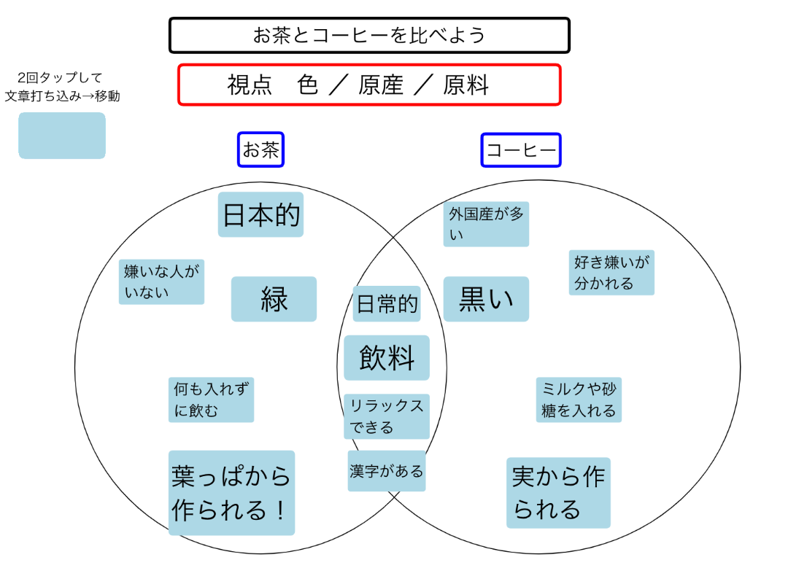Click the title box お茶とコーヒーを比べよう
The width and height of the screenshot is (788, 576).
click(369, 36)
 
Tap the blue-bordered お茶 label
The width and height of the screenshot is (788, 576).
click(260, 150)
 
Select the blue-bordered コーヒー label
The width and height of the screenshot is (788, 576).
click(521, 151)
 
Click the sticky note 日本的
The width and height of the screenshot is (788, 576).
click(260, 215)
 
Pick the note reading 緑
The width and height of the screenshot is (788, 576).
click(274, 299)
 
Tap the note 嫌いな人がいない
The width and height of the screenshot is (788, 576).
click(161, 282)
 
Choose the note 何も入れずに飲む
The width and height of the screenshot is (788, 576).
click(211, 400)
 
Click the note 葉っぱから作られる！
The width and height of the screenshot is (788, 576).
click(231, 493)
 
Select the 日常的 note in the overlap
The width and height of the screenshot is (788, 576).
click(387, 304)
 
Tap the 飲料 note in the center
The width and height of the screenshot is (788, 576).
click(387, 358)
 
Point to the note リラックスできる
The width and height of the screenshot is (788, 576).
click(386, 416)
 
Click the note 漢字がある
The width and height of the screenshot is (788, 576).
click(386, 471)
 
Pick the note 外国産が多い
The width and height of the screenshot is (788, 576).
click(486, 225)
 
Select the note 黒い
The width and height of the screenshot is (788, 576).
click(486, 299)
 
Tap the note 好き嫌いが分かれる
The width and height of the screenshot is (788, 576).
click(611, 273)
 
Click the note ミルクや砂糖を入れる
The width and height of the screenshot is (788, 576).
click(579, 400)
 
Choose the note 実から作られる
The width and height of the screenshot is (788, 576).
click(558, 493)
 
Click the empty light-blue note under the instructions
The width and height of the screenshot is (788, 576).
click(62, 136)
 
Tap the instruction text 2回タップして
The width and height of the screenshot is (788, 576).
click(61, 77)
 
